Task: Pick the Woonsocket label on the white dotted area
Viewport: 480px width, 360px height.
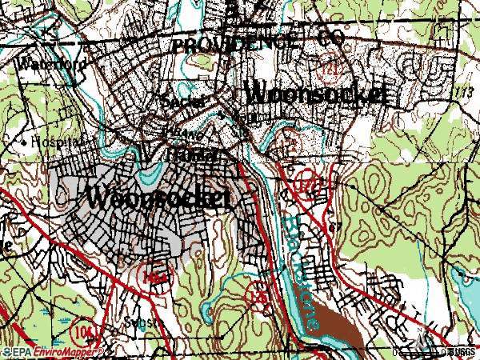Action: point(316,93)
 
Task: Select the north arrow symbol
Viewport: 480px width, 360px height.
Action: point(421,330)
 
